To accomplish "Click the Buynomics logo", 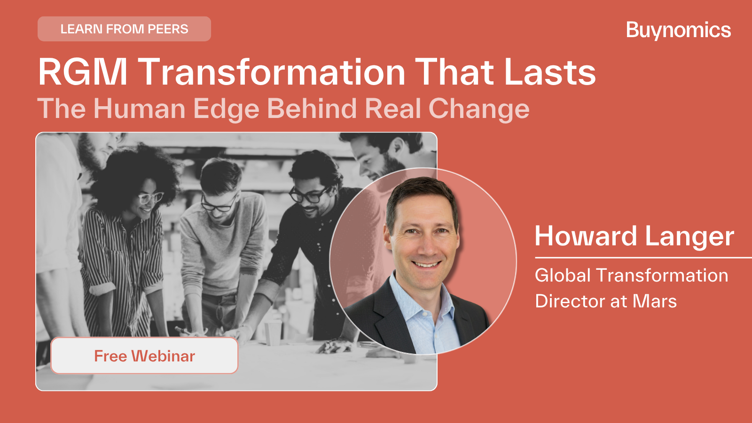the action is tap(678, 30).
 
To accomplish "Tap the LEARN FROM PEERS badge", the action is tap(124, 29).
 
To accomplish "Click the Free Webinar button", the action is tap(144, 356).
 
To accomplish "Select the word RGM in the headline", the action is tap(83, 72).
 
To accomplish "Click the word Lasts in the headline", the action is tap(550, 72).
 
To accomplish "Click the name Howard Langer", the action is tap(634, 237).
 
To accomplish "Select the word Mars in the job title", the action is tap(655, 301).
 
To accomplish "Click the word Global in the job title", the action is tap(563, 275).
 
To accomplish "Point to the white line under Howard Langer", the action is tap(643, 258).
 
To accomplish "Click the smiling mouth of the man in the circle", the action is tap(426, 264).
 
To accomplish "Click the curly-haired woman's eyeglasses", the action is tap(150, 198).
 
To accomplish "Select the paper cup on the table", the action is tap(273, 333).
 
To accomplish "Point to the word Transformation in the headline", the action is tap(272, 72).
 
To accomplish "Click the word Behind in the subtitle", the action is tap(311, 109).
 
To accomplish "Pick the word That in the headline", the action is tap(455, 72).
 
